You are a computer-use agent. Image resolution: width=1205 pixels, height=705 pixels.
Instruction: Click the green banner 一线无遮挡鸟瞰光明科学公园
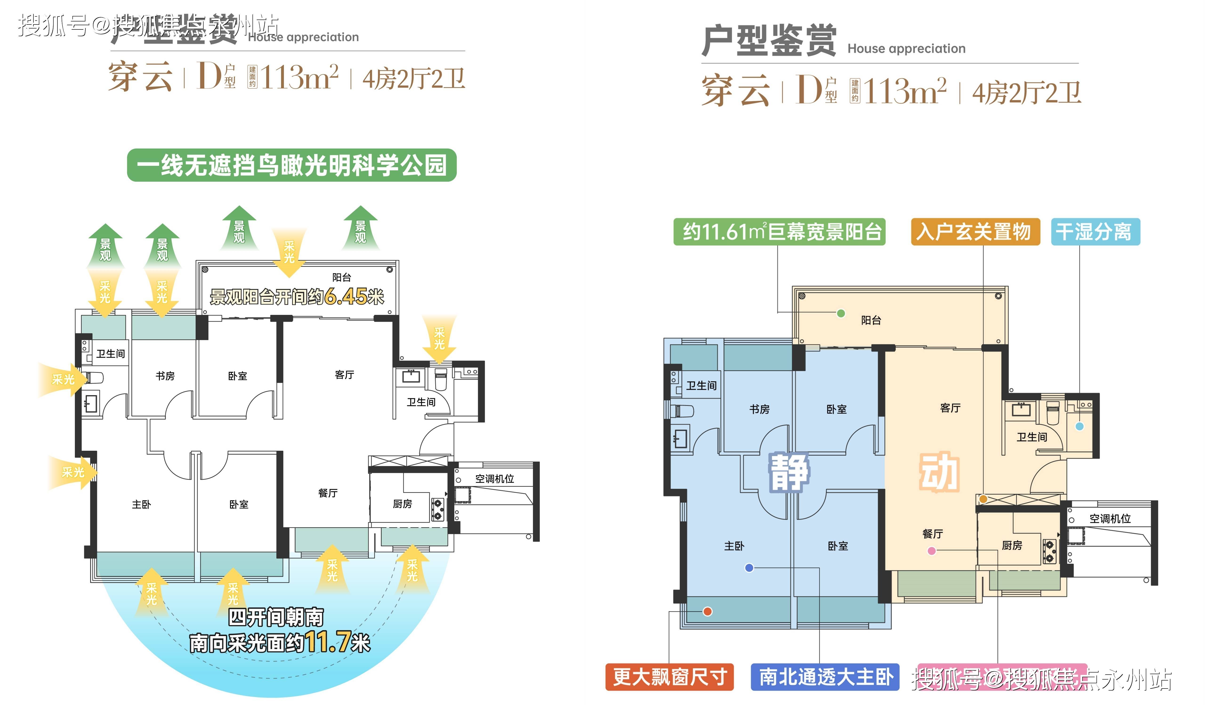[292, 165]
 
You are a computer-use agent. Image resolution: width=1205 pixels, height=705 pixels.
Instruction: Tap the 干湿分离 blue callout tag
[1095, 232]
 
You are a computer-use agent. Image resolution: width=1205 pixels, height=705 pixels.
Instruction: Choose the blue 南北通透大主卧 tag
[825, 677]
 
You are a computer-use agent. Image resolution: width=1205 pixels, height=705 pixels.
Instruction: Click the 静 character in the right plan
[789, 473]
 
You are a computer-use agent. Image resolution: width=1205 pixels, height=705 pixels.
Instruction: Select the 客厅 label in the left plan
[344, 374]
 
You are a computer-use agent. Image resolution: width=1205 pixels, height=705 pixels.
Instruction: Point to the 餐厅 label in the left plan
[328, 493]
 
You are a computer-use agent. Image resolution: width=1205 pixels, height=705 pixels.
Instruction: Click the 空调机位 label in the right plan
[1110, 519]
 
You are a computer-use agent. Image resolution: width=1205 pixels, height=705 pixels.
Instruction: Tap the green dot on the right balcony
[841, 313]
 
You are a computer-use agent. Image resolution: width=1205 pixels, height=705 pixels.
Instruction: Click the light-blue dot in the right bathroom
[1079, 426]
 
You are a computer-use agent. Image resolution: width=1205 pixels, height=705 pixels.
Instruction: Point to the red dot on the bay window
[708, 611]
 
